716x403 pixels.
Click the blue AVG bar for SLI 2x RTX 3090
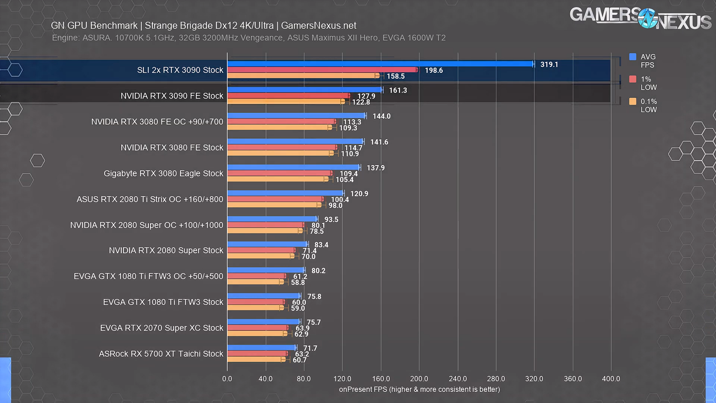pos(380,64)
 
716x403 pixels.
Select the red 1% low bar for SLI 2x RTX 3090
pos(323,70)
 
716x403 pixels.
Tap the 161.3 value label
pos(398,90)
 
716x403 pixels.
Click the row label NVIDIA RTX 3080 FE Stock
pos(172,148)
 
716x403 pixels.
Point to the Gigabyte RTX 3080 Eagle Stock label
pos(163,174)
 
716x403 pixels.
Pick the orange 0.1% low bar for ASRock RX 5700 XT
pos(256,360)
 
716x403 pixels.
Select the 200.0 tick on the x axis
pos(419,379)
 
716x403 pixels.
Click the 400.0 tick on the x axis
pos(611,379)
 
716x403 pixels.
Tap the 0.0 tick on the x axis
pos(227,379)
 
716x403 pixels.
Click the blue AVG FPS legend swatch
pos(633,57)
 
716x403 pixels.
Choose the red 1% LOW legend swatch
pos(633,79)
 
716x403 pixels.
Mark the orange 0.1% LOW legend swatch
pos(633,101)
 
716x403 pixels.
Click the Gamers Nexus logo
pos(640,18)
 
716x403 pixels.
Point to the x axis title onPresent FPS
pos(419,390)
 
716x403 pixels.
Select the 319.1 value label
pos(549,65)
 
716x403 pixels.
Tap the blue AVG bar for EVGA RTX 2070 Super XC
pos(263,322)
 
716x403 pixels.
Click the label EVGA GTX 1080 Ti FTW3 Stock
pos(163,302)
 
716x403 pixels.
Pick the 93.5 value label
pos(331,220)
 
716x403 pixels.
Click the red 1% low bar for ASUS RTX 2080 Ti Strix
pos(275,199)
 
